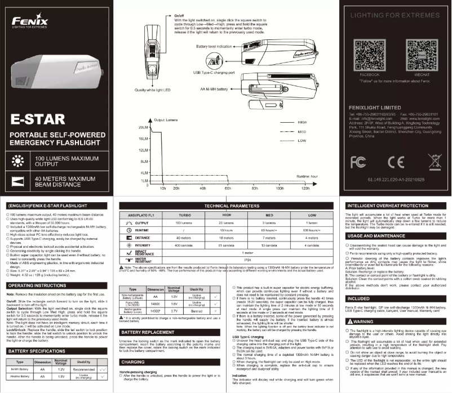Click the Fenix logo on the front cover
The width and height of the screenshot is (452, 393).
coord(30,22)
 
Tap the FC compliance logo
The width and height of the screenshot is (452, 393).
coord(358,162)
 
